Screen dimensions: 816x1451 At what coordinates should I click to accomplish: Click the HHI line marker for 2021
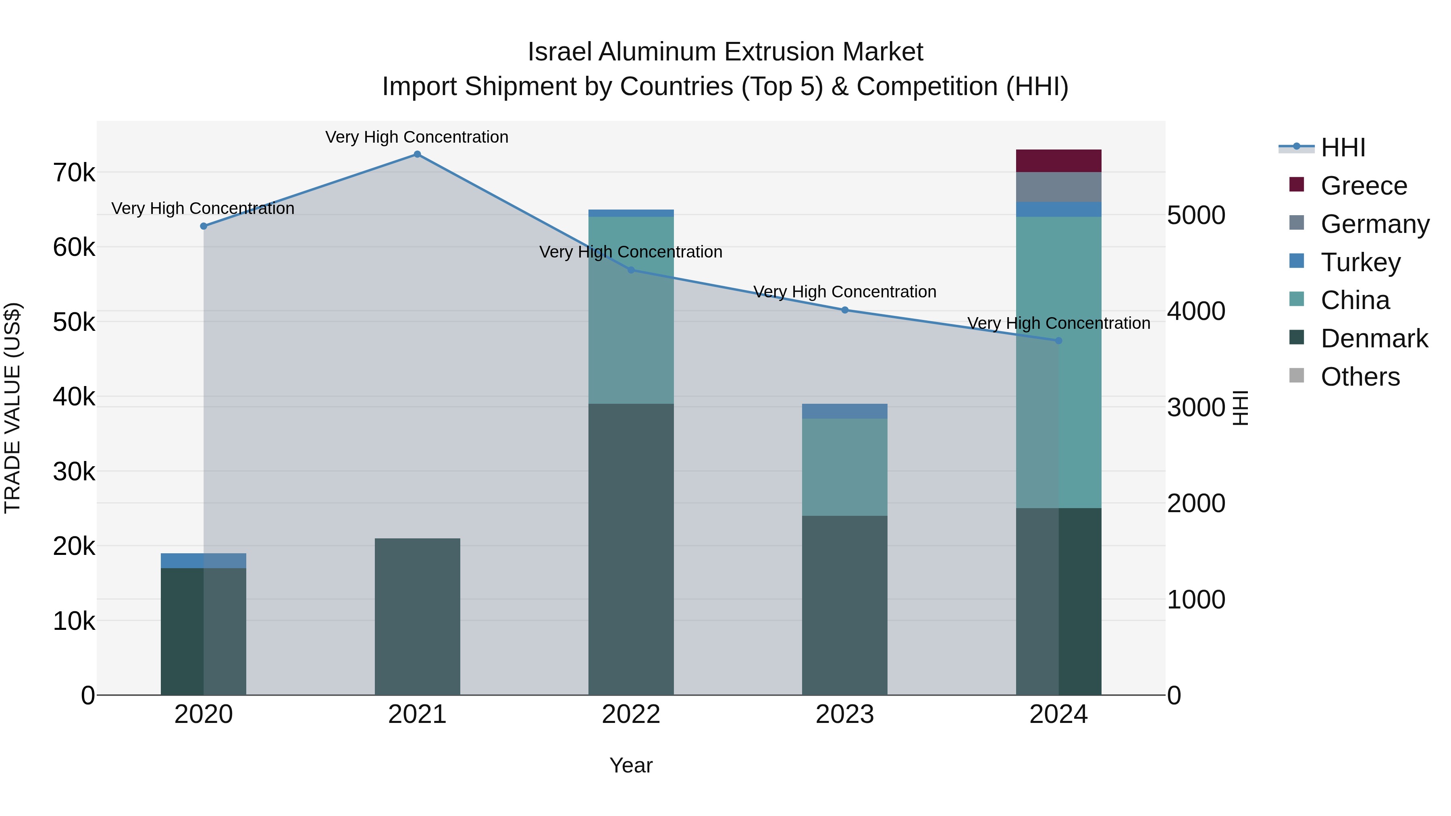[x=417, y=154]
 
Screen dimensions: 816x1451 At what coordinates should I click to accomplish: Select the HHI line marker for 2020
[x=204, y=226]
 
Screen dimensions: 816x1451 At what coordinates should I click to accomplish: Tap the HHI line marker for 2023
[x=844, y=310]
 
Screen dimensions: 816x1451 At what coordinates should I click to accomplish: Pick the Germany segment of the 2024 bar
[x=1058, y=187]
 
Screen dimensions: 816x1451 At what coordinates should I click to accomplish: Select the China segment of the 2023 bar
[x=844, y=467]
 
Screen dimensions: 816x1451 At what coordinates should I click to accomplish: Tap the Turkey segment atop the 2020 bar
[x=204, y=561]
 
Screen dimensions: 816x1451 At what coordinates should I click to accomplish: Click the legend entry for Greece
[x=1363, y=186]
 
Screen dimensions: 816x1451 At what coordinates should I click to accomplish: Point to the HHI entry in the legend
[x=1342, y=147]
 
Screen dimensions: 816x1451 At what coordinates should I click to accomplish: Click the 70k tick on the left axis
[x=74, y=173]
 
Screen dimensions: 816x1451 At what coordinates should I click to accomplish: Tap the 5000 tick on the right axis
[x=1195, y=215]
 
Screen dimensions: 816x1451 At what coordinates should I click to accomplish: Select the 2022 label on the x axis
[x=631, y=714]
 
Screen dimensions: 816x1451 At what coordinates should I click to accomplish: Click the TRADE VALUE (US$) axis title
[x=12, y=408]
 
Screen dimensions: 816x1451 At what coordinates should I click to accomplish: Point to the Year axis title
[x=631, y=765]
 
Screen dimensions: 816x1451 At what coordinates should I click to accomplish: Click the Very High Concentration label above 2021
[x=417, y=137]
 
